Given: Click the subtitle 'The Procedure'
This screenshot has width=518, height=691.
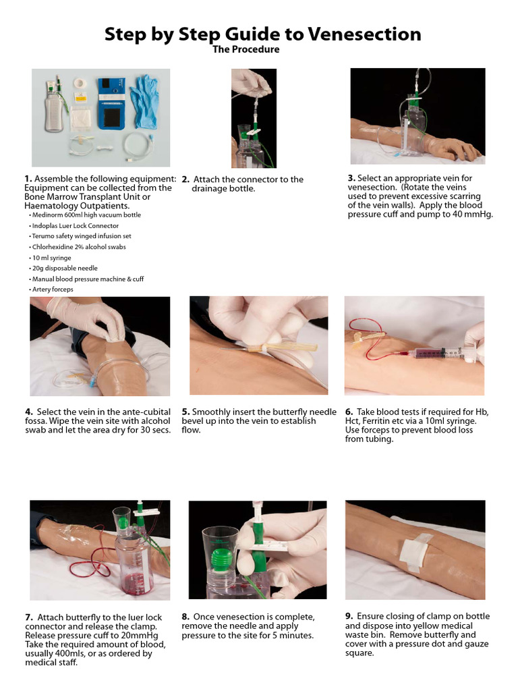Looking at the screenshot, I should pos(246,50).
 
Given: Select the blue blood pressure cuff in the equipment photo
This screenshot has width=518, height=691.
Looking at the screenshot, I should pos(110,103).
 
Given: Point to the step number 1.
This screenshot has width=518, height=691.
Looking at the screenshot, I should pos(28,179).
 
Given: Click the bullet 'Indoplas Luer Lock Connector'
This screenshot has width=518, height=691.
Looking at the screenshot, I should pos(76,226).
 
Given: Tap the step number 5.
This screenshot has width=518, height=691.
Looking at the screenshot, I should pos(185,412).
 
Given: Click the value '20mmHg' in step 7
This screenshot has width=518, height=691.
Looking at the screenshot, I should pos(138,635).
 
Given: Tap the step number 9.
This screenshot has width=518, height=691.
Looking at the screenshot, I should pos(348,616).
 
